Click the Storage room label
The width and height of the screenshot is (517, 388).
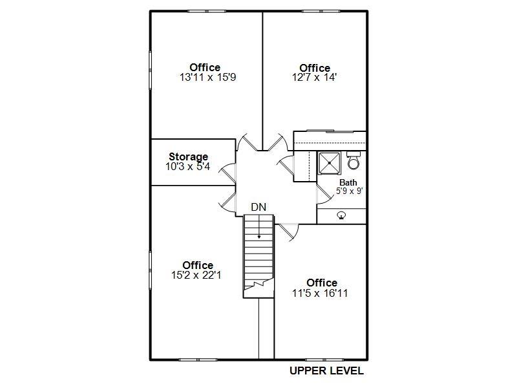(188, 156)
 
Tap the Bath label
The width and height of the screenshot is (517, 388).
(348, 182)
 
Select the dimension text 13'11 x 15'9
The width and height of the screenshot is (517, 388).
(207, 78)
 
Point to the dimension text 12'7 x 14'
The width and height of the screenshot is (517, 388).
(314, 78)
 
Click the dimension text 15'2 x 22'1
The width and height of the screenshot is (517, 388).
(196, 275)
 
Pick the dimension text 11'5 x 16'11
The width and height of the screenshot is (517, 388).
(320, 293)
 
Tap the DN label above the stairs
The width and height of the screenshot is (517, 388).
(258, 207)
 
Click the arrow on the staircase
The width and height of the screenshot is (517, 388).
(259, 227)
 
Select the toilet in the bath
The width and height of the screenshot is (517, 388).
(353, 160)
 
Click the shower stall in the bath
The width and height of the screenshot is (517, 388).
(329, 164)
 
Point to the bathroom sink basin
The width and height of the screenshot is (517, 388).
(342, 216)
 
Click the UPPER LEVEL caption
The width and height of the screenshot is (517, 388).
(327, 371)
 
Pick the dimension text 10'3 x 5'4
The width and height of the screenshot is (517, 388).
(187, 167)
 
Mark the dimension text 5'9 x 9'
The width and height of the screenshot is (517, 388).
(350, 191)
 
